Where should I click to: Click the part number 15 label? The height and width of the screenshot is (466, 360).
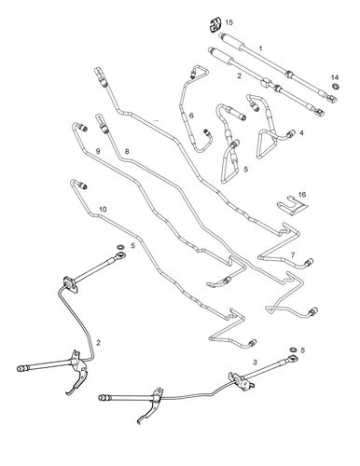pos(228,22)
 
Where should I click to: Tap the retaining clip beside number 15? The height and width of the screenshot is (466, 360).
pos(215,25)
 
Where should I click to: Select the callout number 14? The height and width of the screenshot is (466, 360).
pos(335,77)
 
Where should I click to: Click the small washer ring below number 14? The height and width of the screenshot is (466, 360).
pos(336,86)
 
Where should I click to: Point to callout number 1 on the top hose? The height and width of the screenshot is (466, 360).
pos(260,48)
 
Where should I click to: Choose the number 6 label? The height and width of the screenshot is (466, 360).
pos(191,116)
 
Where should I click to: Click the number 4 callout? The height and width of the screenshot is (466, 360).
pos(301,133)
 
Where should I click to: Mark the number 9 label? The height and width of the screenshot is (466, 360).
pos(98,151)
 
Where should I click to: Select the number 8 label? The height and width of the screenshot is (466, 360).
pos(127,152)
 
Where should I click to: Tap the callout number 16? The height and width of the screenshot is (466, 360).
pos(302,195)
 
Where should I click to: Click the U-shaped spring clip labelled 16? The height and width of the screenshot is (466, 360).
pos(292,206)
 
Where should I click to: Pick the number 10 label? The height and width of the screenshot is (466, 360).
pos(103,209)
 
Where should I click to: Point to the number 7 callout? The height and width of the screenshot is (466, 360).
pos(293,255)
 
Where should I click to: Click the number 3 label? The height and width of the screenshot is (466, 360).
pos(256,363)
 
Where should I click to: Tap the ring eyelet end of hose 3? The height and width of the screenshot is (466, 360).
pos(293,360)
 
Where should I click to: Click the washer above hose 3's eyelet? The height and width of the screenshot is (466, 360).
pos(293,350)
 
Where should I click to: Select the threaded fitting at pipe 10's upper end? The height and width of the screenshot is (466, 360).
pos(83,186)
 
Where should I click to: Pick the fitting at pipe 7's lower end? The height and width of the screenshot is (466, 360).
pos(309,262)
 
